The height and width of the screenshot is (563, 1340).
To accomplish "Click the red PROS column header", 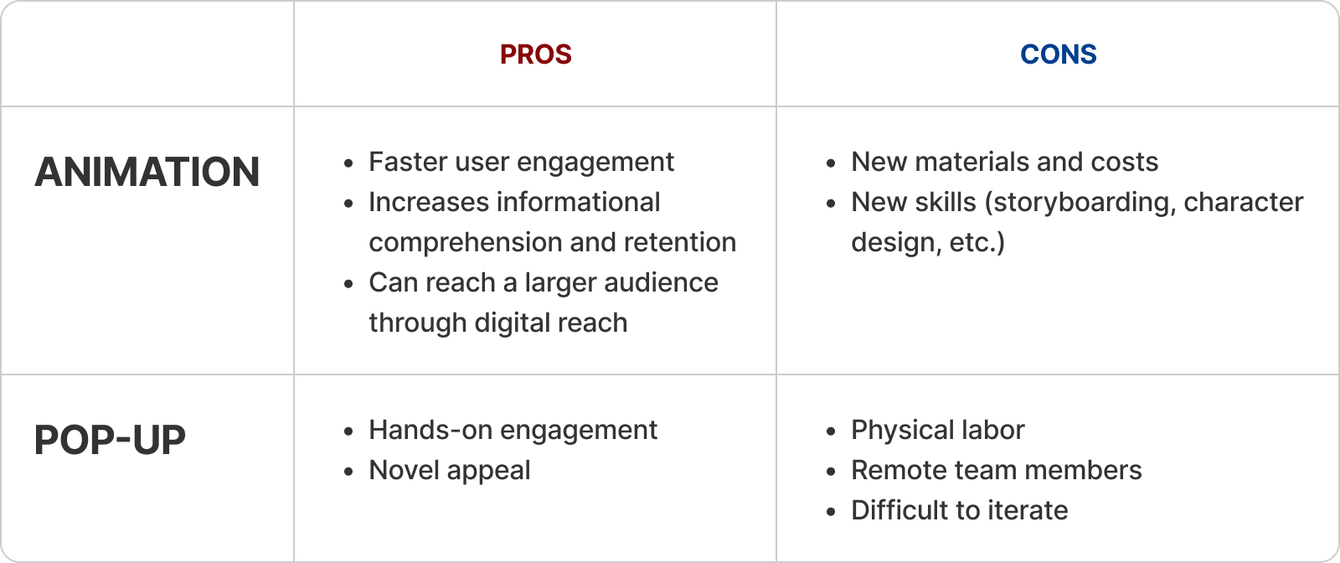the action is (x=535, y=54).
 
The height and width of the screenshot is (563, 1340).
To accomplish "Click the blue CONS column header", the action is (x=1059, y=54).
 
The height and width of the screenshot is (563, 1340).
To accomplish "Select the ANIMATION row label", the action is (x=147, y=173).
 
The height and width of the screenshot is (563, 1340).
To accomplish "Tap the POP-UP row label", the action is (x=110, y=441).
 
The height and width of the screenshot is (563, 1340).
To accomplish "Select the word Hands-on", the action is (x=430, y=430).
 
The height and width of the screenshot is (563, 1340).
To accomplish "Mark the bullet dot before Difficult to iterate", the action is (x=830, y=512).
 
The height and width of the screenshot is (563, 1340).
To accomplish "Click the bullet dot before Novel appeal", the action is (x=348, y=472).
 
